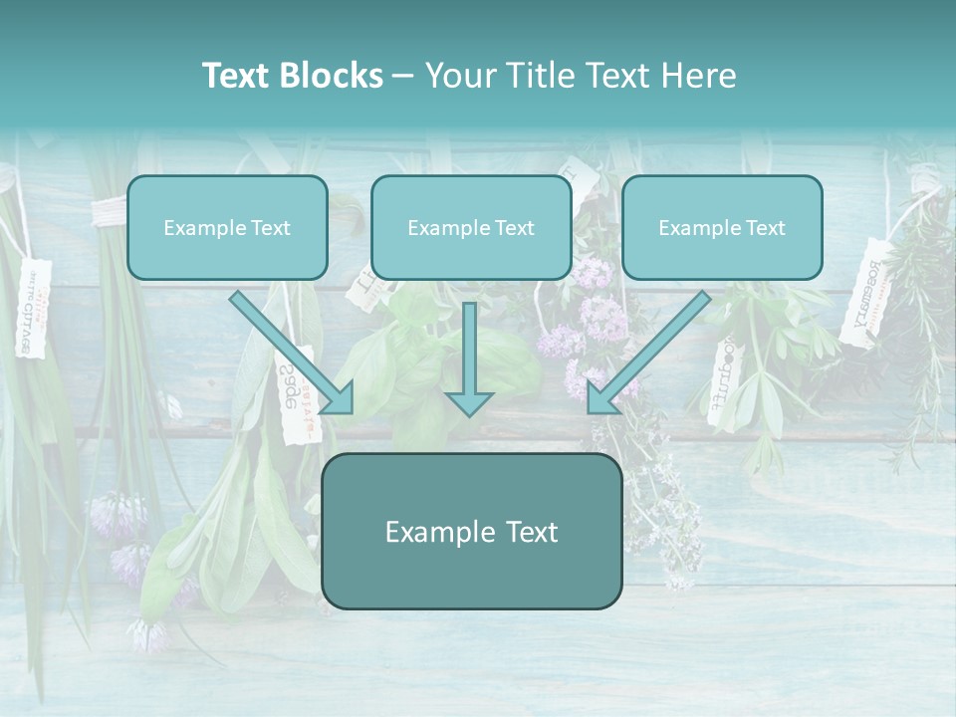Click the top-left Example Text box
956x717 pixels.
[x=227, y=227]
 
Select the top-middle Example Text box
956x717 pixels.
[x=471, y=227]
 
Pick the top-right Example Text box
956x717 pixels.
[x=722, y=227]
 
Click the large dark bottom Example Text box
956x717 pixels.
[x=471, y=531]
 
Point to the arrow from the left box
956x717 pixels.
[x=291, y=352]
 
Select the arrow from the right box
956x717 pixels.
[x=649, y=352]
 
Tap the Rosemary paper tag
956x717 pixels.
[x=863, y=291]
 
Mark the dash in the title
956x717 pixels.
[x=403, y=76]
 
